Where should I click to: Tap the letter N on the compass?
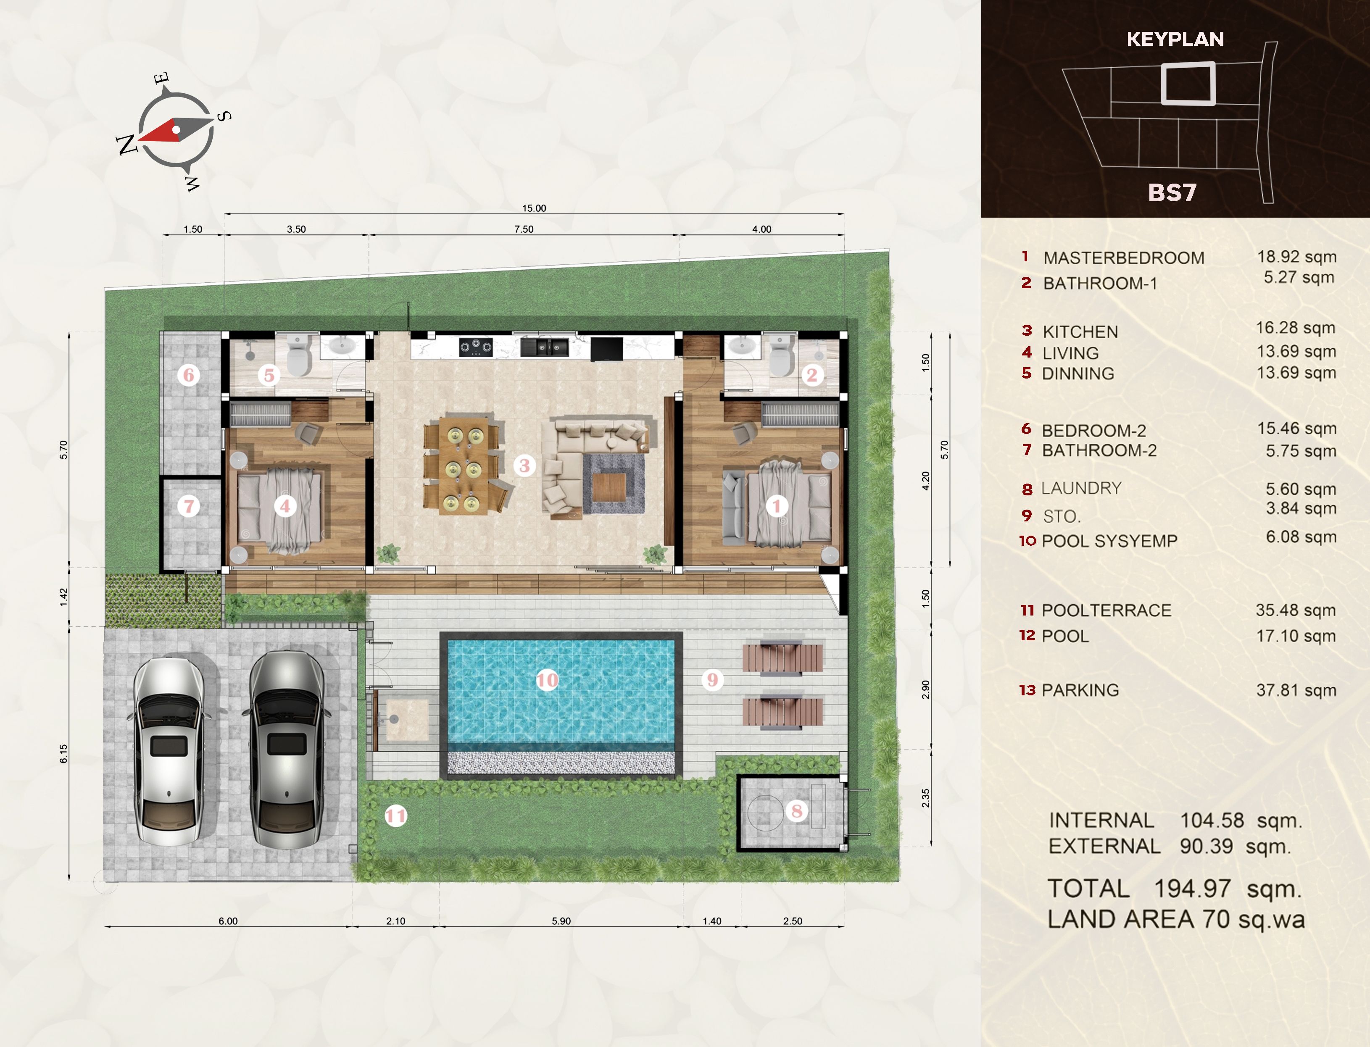127,145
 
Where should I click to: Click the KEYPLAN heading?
1175,39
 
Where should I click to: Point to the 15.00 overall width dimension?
534,208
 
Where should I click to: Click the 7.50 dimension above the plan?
524,229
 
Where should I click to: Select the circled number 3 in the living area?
524,465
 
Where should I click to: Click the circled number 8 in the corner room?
796,811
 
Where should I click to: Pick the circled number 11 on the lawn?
395,816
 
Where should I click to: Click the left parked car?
169,751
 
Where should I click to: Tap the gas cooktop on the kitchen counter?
476,347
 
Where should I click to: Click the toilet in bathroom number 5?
298,356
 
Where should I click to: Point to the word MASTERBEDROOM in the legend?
1124,258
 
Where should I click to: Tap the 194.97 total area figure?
1192,889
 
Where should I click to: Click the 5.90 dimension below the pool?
561,921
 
